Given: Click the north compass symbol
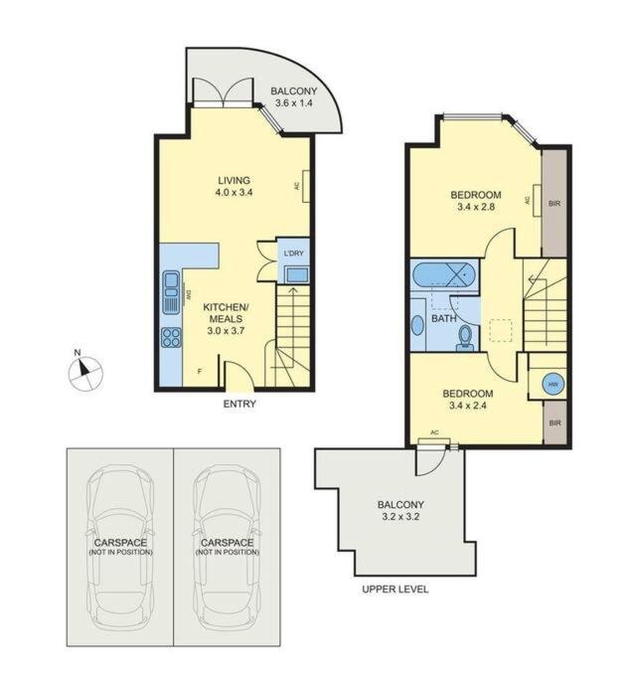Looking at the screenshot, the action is (86, 373).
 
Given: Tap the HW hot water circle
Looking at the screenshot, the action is (554, 384).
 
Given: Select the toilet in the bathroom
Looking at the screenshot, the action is (465, 338).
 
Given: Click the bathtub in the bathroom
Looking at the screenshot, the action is (443, 274).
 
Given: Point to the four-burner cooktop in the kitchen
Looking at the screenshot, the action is (171, 337).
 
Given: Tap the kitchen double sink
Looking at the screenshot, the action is (171, 291).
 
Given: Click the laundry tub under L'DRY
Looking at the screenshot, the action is (296, 274).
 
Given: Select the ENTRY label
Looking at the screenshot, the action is (239, 404).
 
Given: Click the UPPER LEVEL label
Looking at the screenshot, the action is (396, 589).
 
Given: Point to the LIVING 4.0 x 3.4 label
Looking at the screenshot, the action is (234, 186).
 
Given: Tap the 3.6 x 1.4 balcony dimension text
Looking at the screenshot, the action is (294, 103).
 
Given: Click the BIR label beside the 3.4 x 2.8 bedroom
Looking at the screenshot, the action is (555, 203).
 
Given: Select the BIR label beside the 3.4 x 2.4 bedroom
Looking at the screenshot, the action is (555, 423).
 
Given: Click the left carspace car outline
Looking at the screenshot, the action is (120, 547).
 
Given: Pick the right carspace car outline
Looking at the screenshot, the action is (227, 547).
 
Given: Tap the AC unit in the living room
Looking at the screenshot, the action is (306, 186).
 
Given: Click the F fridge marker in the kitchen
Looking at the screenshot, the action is (200, 371).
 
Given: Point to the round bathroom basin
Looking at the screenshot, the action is (417, 325).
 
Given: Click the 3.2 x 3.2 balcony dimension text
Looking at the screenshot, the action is (400, 517).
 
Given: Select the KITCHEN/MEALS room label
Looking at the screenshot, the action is (226, 319).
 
